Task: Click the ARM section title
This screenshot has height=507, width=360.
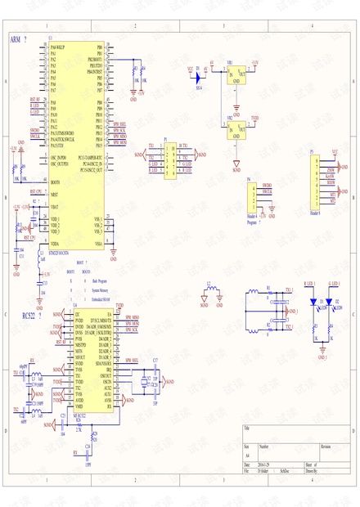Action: [16, 39]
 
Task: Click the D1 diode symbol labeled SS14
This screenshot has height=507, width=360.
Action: [199, 76]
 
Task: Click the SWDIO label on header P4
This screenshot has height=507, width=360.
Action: [267, 186]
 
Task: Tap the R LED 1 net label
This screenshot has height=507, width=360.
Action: [310, 283]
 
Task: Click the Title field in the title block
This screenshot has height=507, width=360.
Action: [246, 428]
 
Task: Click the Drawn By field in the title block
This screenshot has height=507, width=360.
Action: [313, 472]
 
